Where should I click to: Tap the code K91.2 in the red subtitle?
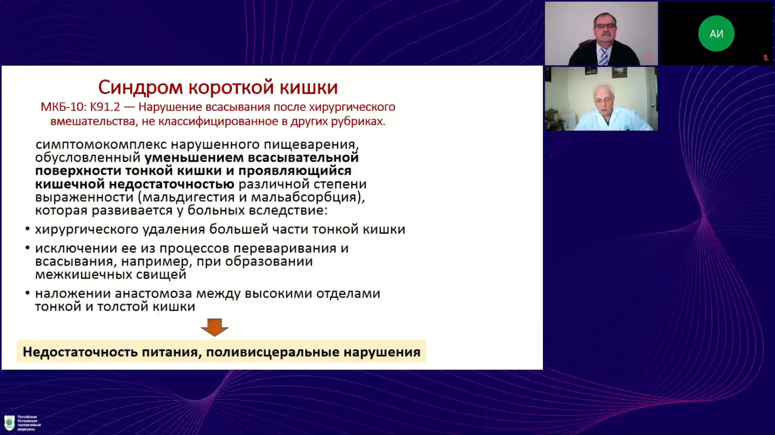pyautogui.click(x=105, y=107)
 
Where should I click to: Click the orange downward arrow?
pyautogui.click(x=215, y=327)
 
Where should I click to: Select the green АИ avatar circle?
pyautogui.click(x=716, y=33)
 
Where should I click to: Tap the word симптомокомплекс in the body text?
pyautogui.click(x=101, y=145)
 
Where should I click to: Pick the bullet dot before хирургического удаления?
pyautogui.click(x=27, y=229)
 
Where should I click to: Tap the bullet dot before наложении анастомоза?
pyautogui.click(x=27, y=293)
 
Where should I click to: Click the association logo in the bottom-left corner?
pyautogui.click(x=9, y=423)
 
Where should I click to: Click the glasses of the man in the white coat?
pyautogui.click(x=604, y=101)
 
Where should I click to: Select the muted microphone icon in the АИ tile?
pyautogui.click(x=765, y=58)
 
